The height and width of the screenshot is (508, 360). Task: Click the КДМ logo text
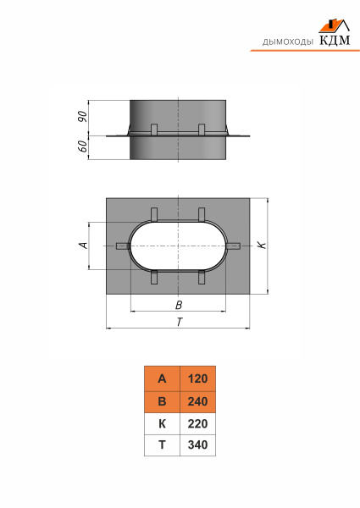click(335, 40)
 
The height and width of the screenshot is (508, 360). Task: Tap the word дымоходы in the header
click(288, 41)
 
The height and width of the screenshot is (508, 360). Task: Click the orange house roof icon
click(334, 25)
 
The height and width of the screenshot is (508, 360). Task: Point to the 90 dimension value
click(83, 117)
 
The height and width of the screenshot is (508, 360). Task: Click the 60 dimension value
click(83, 146)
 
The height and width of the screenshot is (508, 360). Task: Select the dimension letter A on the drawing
click(84, 246)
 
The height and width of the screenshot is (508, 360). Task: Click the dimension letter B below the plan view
click(179, 305)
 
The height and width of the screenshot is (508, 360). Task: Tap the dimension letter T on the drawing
click(180, 322)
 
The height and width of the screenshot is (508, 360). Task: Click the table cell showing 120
click(197, 378)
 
